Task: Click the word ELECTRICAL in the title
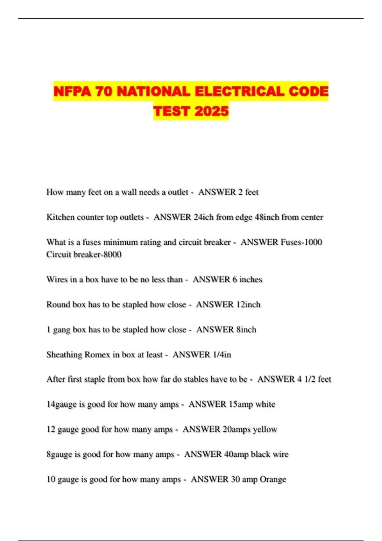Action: [x=240, y=92]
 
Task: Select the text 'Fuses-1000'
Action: [x=301, y=242]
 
